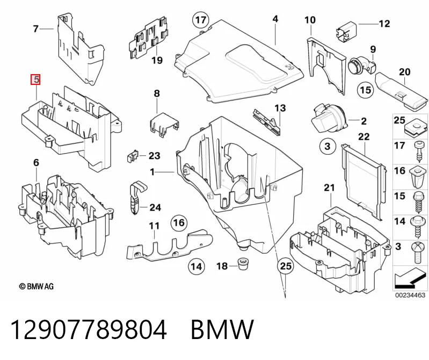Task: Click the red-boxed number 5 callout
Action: tap(36, 80)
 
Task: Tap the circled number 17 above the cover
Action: tap(201, 20)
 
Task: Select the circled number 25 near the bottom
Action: tap(285, 265)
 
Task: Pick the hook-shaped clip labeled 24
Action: tap(136, 197)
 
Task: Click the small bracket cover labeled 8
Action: tap(164, 124)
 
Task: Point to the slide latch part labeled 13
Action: tap(267, 121)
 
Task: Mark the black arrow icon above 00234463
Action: tap(410, 280)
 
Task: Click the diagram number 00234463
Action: tap(410, 295)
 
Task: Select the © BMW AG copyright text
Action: tap(36, 286)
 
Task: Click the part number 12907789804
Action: tap(89, 330)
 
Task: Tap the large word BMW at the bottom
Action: tap(222, 329)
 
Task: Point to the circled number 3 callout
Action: tap(328, 146)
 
